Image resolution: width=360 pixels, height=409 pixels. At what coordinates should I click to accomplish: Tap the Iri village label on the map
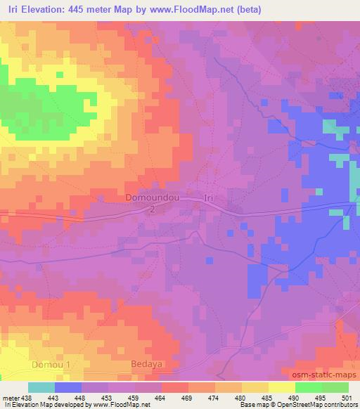tap(208, 198)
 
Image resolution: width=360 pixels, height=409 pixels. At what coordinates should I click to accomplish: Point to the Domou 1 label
tap(52, 365)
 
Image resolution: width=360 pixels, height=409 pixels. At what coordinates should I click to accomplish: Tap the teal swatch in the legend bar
tap(41, 387)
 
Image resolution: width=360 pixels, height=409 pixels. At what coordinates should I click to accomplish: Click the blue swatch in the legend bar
tap(68, 387)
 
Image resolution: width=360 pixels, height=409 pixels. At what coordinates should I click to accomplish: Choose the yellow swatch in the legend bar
tap(282, 387)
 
